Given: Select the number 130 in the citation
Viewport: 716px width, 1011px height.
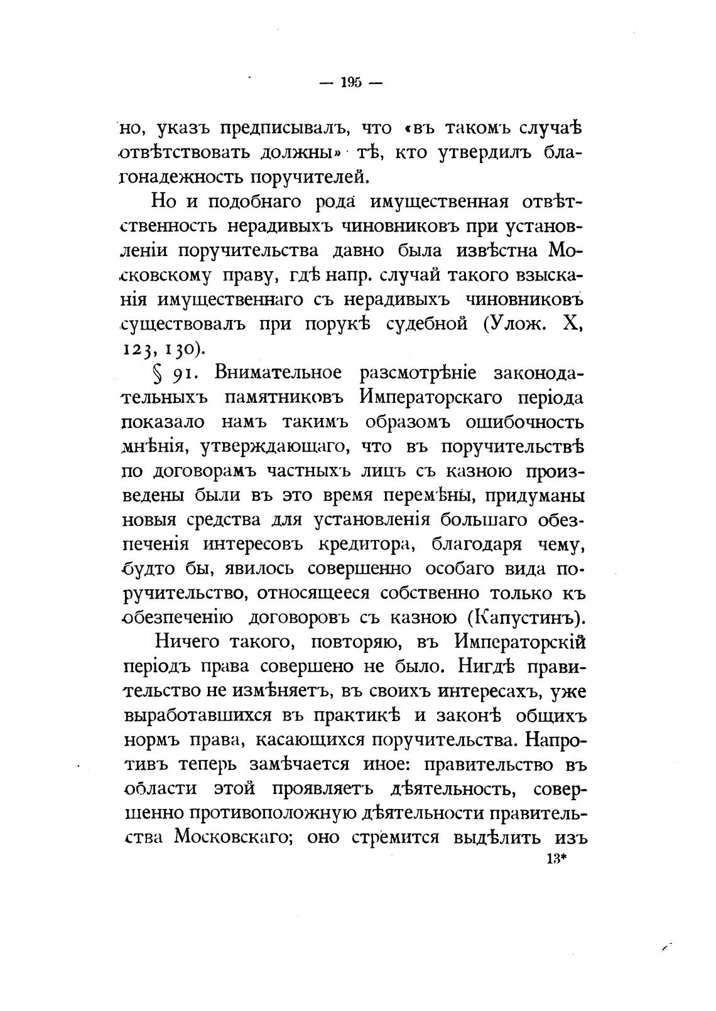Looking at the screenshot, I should (182, 348).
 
